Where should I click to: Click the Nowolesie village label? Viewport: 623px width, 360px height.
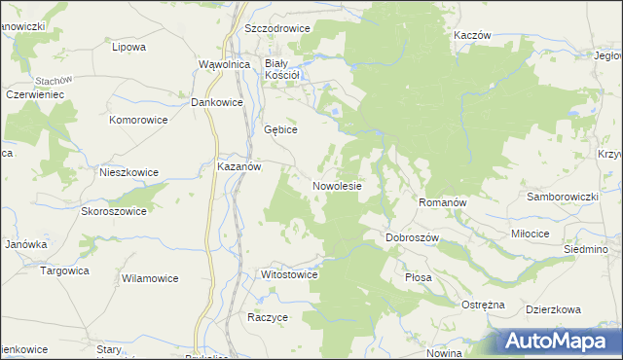[338, 185]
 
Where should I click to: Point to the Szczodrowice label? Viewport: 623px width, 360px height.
[277, 28]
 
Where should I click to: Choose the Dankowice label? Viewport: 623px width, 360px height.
[215, 101]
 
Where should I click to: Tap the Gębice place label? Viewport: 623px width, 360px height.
[280, 128]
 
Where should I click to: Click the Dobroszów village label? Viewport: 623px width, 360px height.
[414, 237]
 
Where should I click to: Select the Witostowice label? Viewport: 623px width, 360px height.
[290, 274]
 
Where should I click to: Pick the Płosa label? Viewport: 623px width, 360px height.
[418, 277]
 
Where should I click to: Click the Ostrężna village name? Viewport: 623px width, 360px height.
[483, 305]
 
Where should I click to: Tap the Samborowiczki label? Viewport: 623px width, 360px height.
[562, 197]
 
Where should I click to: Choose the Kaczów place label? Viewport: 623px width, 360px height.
[472, 34]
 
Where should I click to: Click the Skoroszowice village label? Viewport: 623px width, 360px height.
[114, 211]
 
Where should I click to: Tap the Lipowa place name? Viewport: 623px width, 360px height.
[128, 46]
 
